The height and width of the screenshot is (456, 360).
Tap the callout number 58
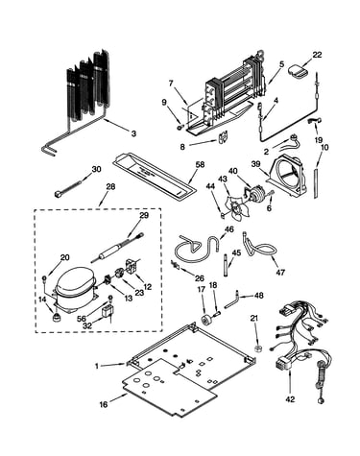pyautogui.click(x=200, y=165)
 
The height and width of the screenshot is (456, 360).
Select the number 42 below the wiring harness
pyautogui.click(x=290, y=399)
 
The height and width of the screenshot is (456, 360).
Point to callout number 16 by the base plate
pyautogui.click(x=104, y=405)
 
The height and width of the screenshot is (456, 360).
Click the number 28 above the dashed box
pyautogui.click(x=110, y=186)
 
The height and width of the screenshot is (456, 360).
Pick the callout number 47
pyautogui.click(x=279, y=273)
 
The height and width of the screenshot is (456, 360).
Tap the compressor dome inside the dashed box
pyautogui.click(x=75, y=280)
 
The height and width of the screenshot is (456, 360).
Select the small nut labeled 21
pyautogui.click(x=256, y=348)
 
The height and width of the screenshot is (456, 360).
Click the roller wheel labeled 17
pyautogui.click(x=204, y=319)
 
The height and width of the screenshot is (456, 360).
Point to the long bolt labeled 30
pyautogui.click(x=67, y=189)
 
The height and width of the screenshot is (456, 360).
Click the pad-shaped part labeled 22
pyautogui.click(x=298, y=71)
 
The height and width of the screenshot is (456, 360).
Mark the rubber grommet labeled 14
pyautogui.click(x=57, y=318)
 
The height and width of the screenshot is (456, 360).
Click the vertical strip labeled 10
pyautogui.click(x=316, y=182)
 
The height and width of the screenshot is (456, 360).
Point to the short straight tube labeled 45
pyautogui.click(x=227, y=266)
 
